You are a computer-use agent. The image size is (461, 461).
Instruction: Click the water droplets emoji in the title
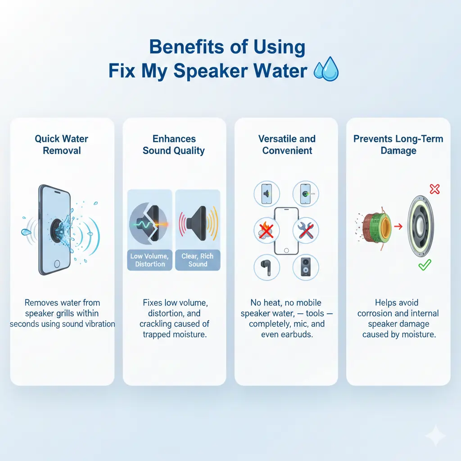(x=325, y=71)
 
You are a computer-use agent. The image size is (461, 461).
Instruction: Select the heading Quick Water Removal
(x=62, y=144)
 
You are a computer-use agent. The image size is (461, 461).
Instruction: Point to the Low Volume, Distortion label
(x=150, y=260)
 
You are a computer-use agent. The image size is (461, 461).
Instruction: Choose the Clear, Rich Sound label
(x=198, y=260)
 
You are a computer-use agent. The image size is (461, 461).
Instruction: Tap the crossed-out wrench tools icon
(x=306, y=231)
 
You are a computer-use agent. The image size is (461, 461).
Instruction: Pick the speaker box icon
(x=306, y=267)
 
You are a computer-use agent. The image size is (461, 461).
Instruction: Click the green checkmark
(x=424, y=265)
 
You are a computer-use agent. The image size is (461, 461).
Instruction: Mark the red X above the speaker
(x=434, y=189)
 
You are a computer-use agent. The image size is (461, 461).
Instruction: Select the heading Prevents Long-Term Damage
(x=398, y=144)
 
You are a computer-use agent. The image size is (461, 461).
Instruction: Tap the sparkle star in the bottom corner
(x=435, y=435)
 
